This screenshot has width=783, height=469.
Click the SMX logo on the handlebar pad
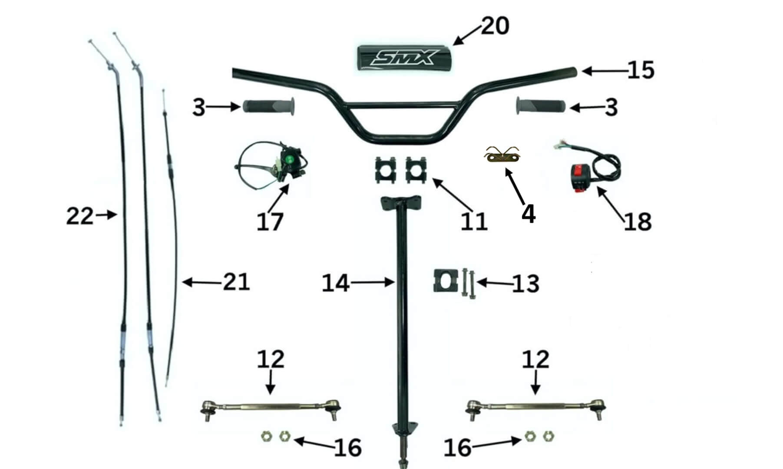[403, 58]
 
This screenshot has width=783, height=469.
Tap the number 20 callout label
[495, 26]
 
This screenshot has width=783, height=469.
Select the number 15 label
[641, 70]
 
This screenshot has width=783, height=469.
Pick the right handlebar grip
[541, 106]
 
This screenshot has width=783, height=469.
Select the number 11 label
[474, 222]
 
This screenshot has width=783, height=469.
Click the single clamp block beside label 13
[445, 281]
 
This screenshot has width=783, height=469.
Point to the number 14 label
[335, 284]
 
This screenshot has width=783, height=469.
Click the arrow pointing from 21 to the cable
[202, 283]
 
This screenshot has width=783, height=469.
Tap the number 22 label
[79, 216]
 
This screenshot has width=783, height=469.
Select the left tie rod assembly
[271, 407]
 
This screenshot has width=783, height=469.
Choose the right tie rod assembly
[536, 407]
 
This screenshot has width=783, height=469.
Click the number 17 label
[270, 222]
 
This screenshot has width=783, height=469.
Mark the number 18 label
[638, 222]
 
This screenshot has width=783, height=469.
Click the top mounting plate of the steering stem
[401, 203]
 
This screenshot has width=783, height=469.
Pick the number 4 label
[528, 214]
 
